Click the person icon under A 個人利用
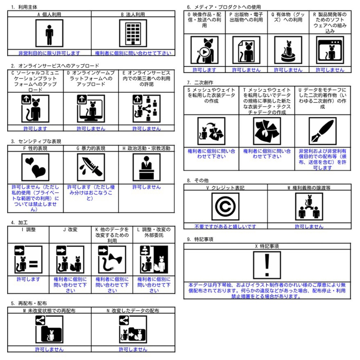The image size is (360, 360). (49, 33)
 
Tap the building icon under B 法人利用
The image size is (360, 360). (133, 33)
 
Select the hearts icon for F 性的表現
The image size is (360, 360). (35, 167)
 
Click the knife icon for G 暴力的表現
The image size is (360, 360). (91, 167)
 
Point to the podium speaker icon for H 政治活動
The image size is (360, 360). (146, 167)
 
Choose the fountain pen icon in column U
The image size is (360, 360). (322, 131)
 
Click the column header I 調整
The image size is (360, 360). (28, 230)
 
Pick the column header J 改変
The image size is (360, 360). (70, 230)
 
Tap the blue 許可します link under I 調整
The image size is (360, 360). (28, 279)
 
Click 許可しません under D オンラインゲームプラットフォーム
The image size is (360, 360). (91, 129)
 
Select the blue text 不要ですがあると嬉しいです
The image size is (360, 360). (225, 227)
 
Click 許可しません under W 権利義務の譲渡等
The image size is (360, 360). (309, 227)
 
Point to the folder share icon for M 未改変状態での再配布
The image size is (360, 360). (49, 329)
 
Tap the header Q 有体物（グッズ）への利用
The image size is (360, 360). (288, 18)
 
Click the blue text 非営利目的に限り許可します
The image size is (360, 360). (49, 53)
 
